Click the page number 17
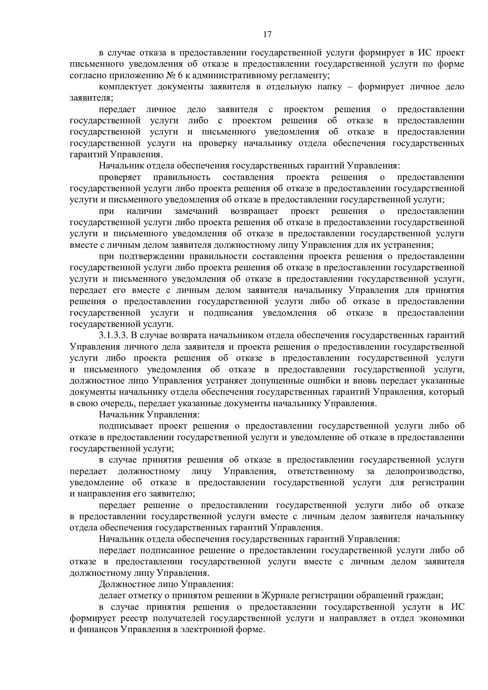coord(267,35)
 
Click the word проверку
coord(218,143)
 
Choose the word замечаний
coord(196,211)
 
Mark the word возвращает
coord(254,211)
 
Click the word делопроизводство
coord(425,471)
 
